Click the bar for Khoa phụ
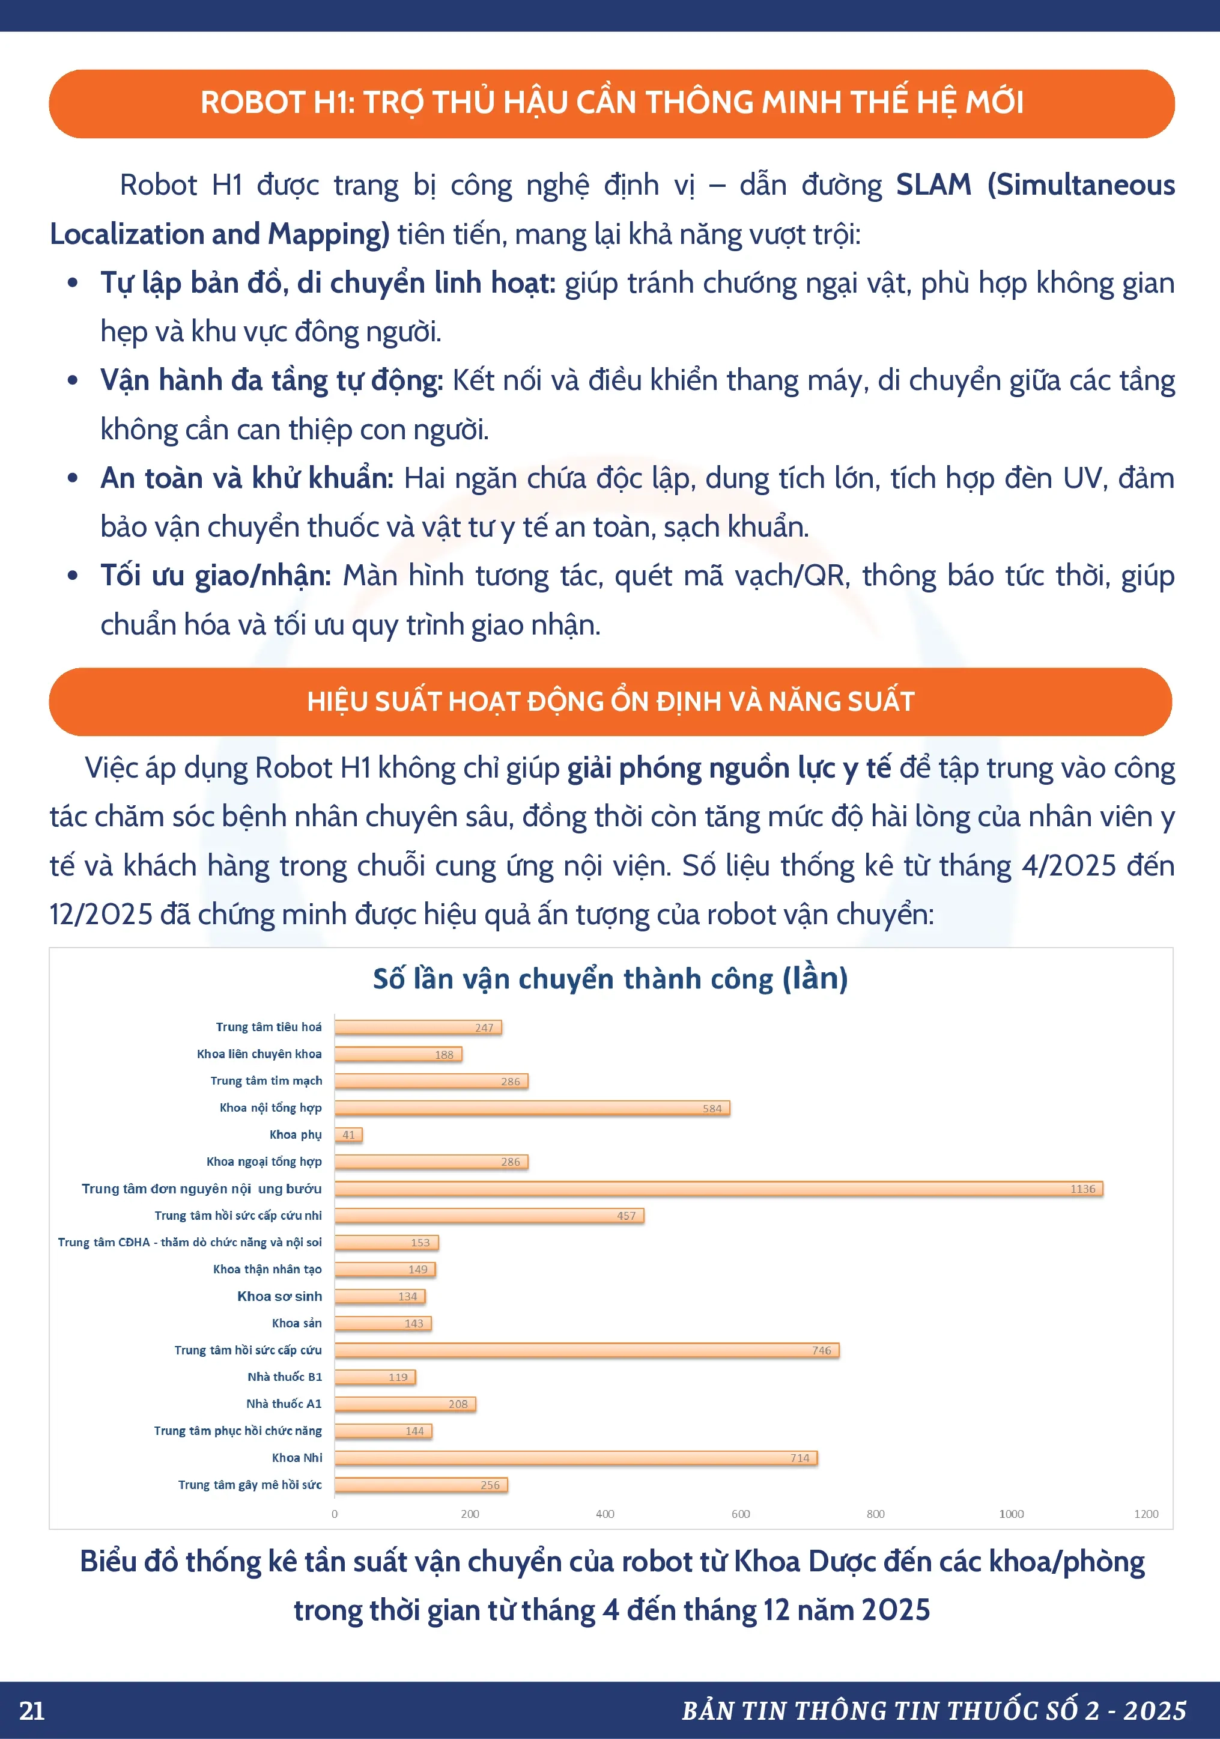[348, 1134]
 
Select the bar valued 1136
[718, 1189]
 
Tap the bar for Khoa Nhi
[575, 1457]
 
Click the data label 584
[712, 1108]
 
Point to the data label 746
[821, 1350]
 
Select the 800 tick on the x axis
[875, 1513]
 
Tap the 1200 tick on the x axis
[1146, 1513]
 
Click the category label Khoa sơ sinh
[279, 1296]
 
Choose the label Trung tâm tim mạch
[266, 1080]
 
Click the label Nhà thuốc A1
[284, 1404]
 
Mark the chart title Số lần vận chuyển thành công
[610, 979]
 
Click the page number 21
[32, 1710]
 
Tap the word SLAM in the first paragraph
[933, 185]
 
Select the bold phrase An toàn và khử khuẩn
[247, 478]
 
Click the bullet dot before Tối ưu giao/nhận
[73, 576]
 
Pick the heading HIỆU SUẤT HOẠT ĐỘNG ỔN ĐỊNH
[610, 701]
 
